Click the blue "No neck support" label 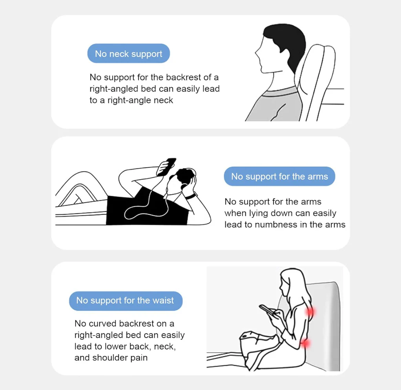point(129,53)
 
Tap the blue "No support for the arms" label point(279,177)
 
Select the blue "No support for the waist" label point(126,301)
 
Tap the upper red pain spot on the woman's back point(310,312)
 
